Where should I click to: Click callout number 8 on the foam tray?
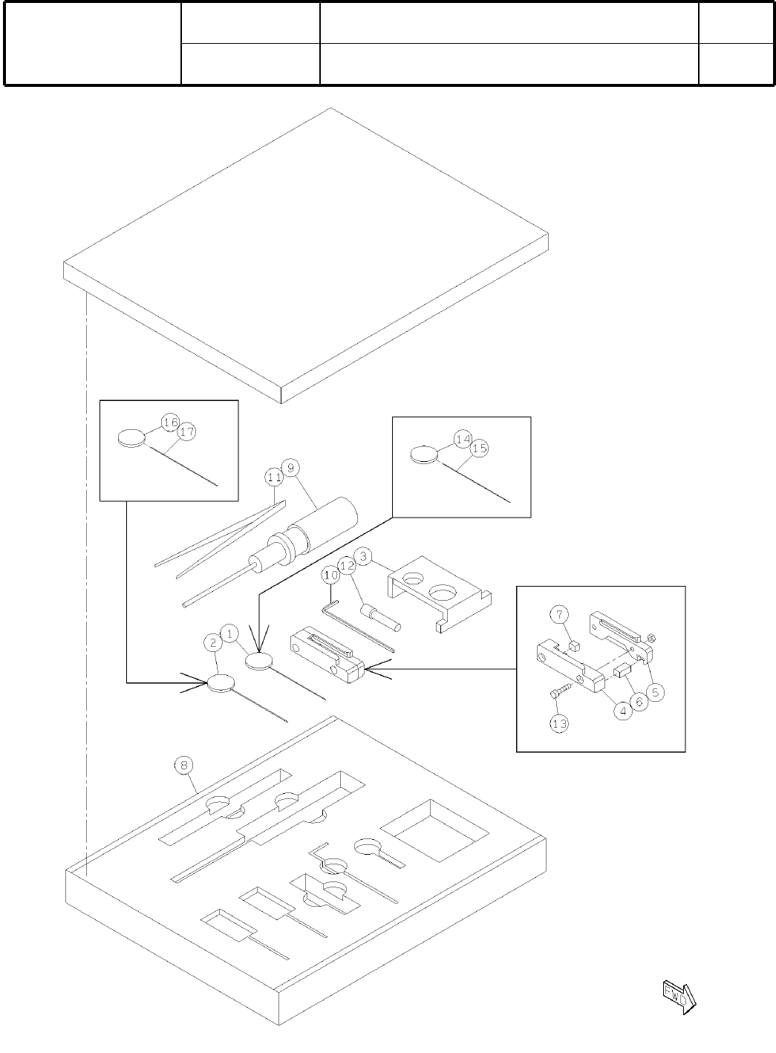(185, 764)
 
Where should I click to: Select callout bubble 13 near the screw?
(560, 723)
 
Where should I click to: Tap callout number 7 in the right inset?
(560, 614)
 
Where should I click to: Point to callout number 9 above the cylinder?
(291, 467)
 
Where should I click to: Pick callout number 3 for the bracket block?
(363, 555)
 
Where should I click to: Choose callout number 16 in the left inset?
(170, 423)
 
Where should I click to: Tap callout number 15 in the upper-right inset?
(479, 449)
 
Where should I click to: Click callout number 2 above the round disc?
(213, 642)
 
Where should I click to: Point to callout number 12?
(347, 565)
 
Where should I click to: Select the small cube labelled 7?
(573, 646)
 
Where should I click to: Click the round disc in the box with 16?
(132, 438)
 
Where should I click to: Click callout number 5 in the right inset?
(654, 691)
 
